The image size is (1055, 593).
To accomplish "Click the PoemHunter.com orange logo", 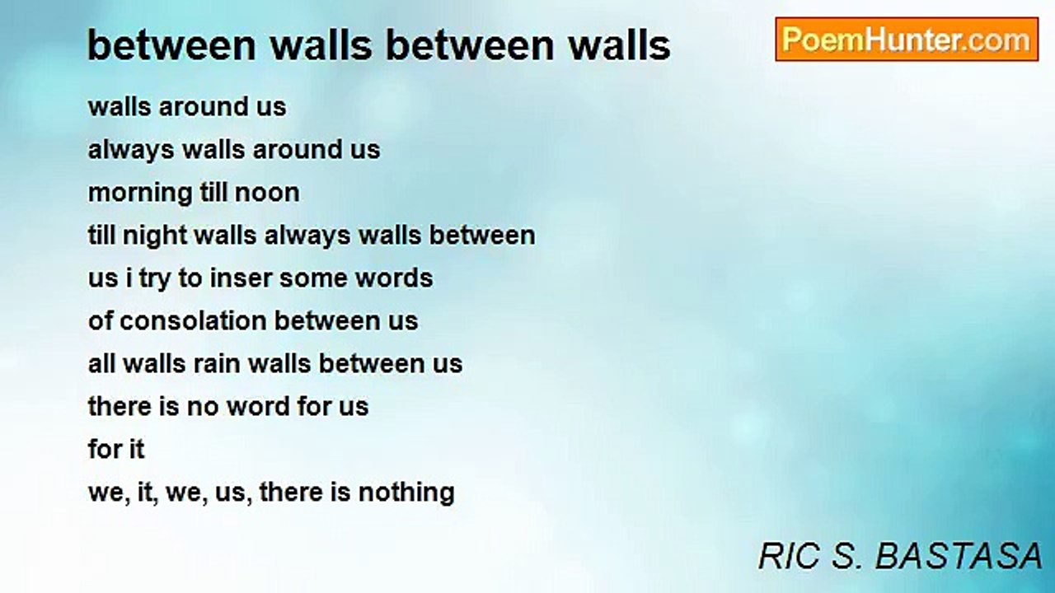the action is pyautogui.click(x=907, y=40).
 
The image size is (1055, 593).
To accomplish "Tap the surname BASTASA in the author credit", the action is pyautogui.click(x=959, y=556).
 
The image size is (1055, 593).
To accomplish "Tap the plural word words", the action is pyautogui.click(x=394, y=278).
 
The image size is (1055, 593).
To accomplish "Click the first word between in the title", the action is pyautogui.click(x=171, y=45).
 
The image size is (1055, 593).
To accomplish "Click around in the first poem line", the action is pyautogui.click(x=203, y=107).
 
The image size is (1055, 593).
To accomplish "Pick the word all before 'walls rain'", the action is pyautogui.click(x=101, y=364).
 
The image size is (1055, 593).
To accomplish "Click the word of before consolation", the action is pyautogui.click(x=100, y=321).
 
